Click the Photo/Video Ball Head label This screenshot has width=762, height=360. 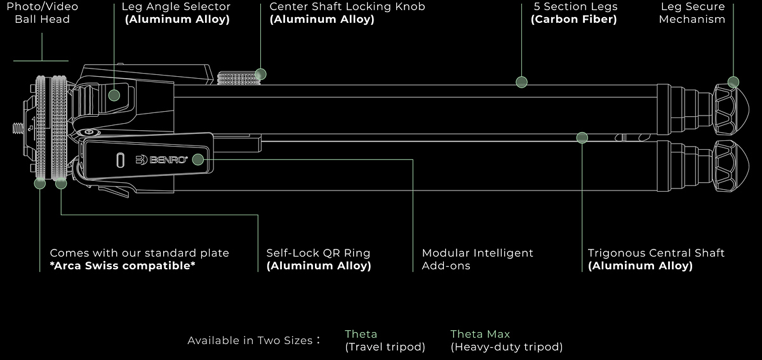pyautogui.click(x=43, y=13)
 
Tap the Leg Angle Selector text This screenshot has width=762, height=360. pyautogui.click(x=176, y=7)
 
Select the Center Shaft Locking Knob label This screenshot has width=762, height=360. pyautogui.click(x=347, y=7)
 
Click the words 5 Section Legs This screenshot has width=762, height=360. pyautogui.click(x=576, y=7)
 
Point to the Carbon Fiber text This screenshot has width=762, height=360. pyautogui.click(x=573, y=20)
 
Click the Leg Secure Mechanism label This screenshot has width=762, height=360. pyautogui.click(x=692, y=13)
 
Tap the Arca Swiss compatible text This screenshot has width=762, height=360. pyautogui.click(x=123, y=266)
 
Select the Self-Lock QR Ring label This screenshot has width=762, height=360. pyautogui.click(x=318, y=253)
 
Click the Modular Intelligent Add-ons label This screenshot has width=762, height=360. pyautogui.click(x=477, y=259)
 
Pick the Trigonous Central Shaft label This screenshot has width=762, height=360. pyautogui.click(x=656, y=253)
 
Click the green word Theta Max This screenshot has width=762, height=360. pyautogui.click(x=480, y=334)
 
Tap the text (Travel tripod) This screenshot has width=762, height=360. pyautogui.click(x=385, y=347)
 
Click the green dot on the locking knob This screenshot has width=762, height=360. pyautogui.click(x=260, y=74)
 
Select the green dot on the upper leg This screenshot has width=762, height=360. pyautogui.click(x=521, y=81)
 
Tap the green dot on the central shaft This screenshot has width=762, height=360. pyautogui.click(x=582, y=137)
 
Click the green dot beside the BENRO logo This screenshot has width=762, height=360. pyautogui.click(x=197, y=159)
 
